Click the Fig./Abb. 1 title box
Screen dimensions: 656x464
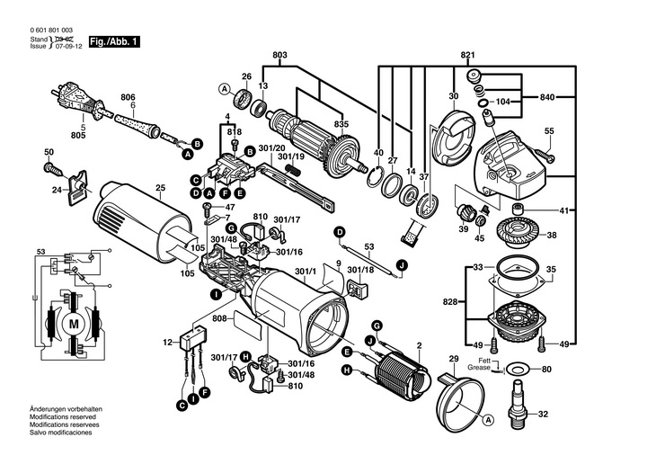tap(114, 42)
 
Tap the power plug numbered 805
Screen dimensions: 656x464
tap(78, 100)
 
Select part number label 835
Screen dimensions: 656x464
tap(341, 124)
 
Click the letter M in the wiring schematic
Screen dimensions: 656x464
tap(73, 324)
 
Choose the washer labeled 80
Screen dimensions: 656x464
tap(518, 370)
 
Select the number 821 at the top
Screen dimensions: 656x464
tap(467, 55)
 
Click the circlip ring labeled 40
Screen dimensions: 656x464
tap(376, 177)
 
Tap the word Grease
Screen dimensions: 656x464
tap(479, 368)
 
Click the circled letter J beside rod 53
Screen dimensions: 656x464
tap(402, 264)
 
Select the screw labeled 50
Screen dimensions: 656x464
tap(54, 170)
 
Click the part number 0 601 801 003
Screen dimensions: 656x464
tap(51, 31)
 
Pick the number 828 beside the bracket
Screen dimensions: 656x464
tap(450, 301)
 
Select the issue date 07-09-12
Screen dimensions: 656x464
tap(69, 46)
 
